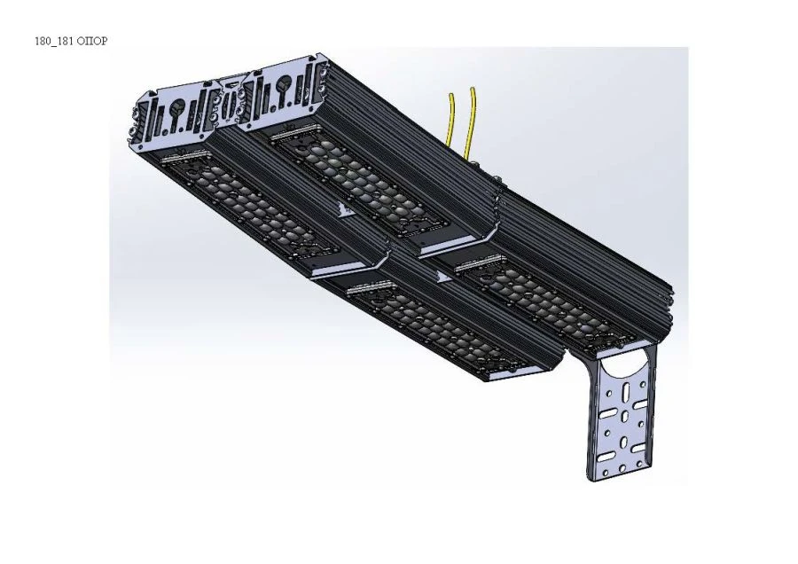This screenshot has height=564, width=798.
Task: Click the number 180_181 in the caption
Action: pos(55,42)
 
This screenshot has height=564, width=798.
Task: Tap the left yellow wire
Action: pos(454,124)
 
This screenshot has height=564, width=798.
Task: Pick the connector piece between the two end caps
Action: pos(230,104)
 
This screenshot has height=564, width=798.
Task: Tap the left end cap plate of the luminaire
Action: pos(176,115)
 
